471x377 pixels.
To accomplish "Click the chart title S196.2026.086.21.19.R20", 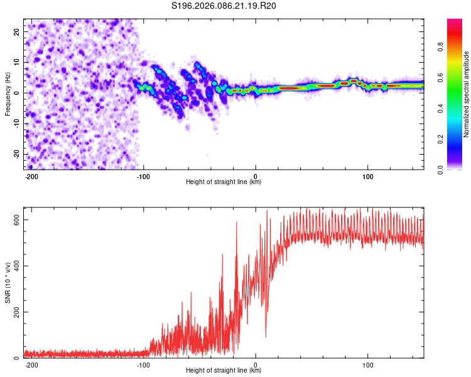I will tap(224, 6).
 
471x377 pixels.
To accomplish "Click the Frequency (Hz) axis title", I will tap(8, 94).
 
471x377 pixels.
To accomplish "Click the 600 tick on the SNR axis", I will tap(14, 219).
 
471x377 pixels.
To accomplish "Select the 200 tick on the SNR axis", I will tap(14, 312).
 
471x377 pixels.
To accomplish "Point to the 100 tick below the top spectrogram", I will tap(367, 175).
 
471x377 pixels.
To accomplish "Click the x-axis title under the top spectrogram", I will tap(224, 182).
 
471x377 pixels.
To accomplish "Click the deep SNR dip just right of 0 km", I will tap(266, 336).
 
